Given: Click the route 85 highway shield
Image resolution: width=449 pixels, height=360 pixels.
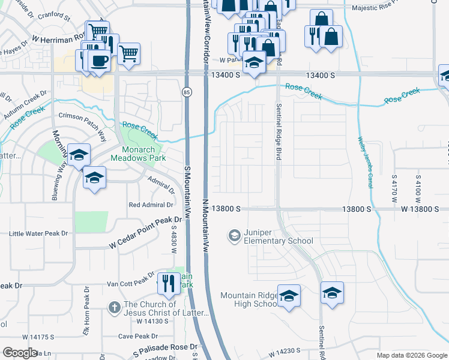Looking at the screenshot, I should [x=187, y=92].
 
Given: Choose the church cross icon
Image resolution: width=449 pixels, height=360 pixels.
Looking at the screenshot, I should [x=114, y=308].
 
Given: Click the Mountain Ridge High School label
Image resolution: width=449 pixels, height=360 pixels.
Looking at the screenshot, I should [x=249, y=299].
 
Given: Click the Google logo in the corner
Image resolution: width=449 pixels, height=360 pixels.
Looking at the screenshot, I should [x=20, y=353].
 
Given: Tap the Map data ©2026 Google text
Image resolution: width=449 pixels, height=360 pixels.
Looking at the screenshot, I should [x=412, y=355].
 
